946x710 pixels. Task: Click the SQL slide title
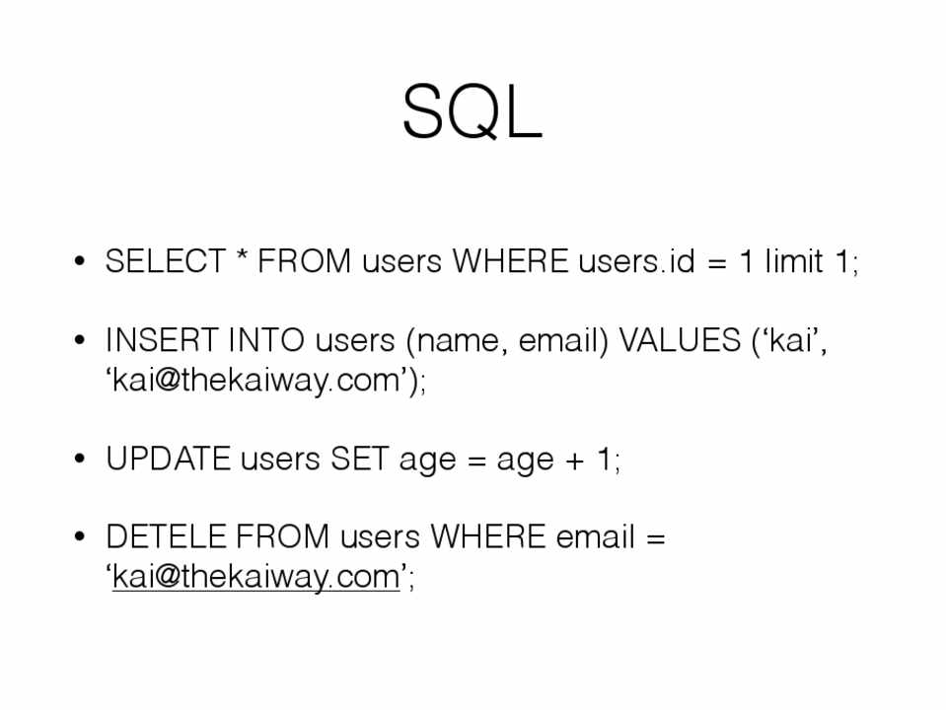(473, 112)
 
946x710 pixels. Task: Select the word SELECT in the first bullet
(166, 261)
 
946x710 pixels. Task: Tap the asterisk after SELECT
(242, 255)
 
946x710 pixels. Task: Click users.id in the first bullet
(636, 261)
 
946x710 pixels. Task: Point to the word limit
(794, 261)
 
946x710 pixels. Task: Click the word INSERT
(162, 340)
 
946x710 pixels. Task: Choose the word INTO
(266, 340)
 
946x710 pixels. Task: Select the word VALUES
(680, 340)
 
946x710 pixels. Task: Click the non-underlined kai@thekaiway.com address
(256, 381)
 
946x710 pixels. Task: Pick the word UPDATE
(169, 460)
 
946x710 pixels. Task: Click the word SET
(359, 460)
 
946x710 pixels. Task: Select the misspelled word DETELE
(166, 536)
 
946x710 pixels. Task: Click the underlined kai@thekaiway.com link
(256, 577)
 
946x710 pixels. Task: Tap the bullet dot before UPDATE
(80, 459)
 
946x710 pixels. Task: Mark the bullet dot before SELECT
(80, 260)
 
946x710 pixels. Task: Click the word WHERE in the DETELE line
(488, 536)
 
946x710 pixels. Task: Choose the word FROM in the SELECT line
(304, 261)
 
